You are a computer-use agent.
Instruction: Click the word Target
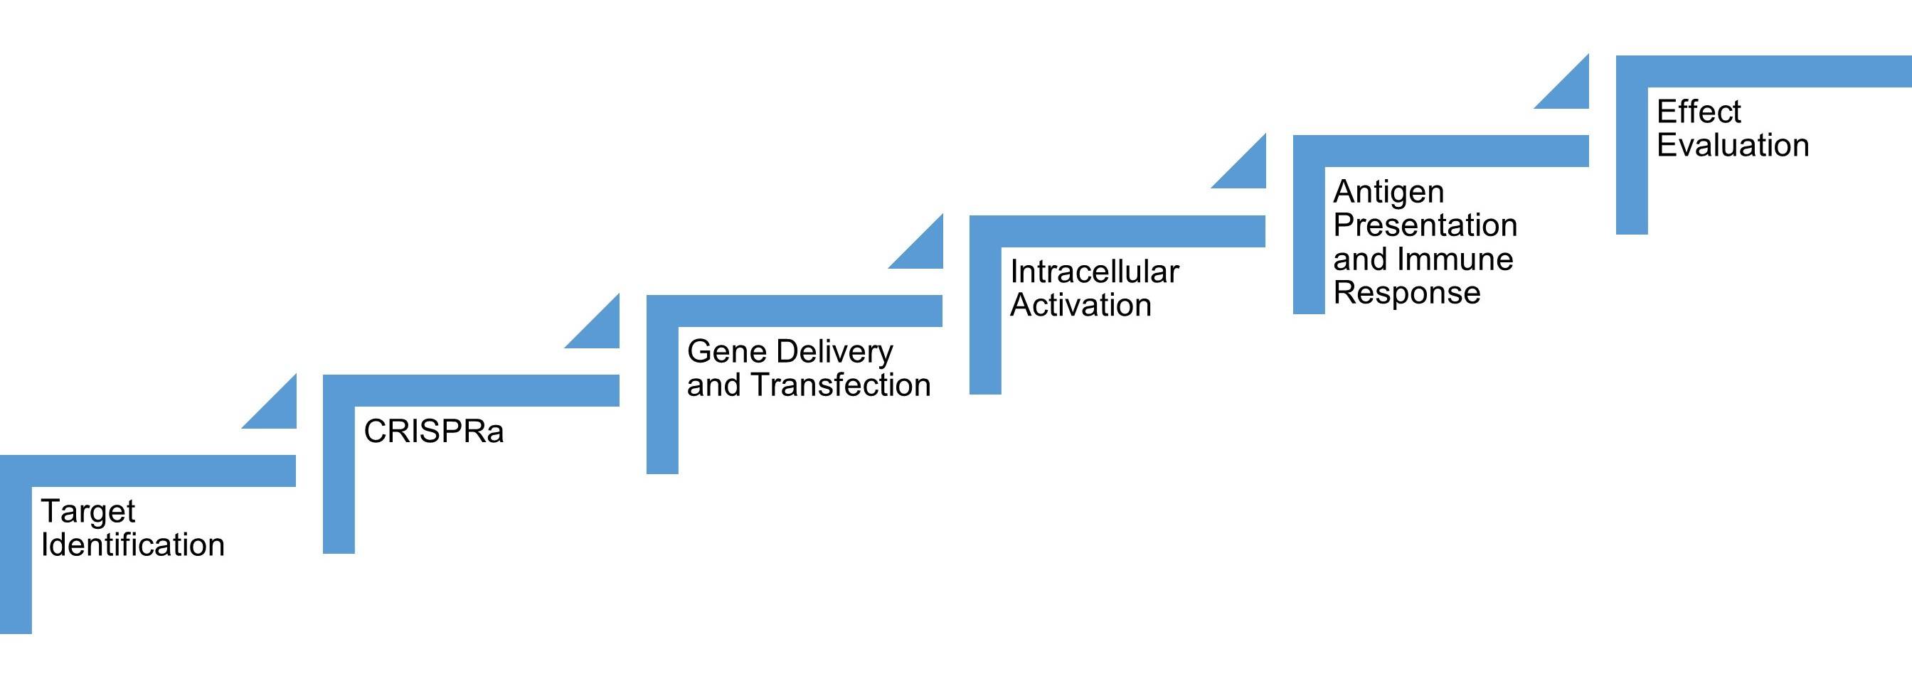[x=87, y=512]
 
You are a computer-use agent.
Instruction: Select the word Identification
[x=132, y=545]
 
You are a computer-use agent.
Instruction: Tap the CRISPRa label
[x=433, y=431]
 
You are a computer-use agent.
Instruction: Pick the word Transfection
[x=840, y=385]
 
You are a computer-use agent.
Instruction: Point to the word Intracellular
[x=1094, y=272]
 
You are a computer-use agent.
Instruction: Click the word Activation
[x=1080, y=305]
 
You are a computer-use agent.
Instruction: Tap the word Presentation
[x=1424, y=225]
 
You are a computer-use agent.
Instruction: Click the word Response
[x=1406, y=292]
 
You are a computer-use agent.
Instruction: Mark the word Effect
[x=1698, y=112]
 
